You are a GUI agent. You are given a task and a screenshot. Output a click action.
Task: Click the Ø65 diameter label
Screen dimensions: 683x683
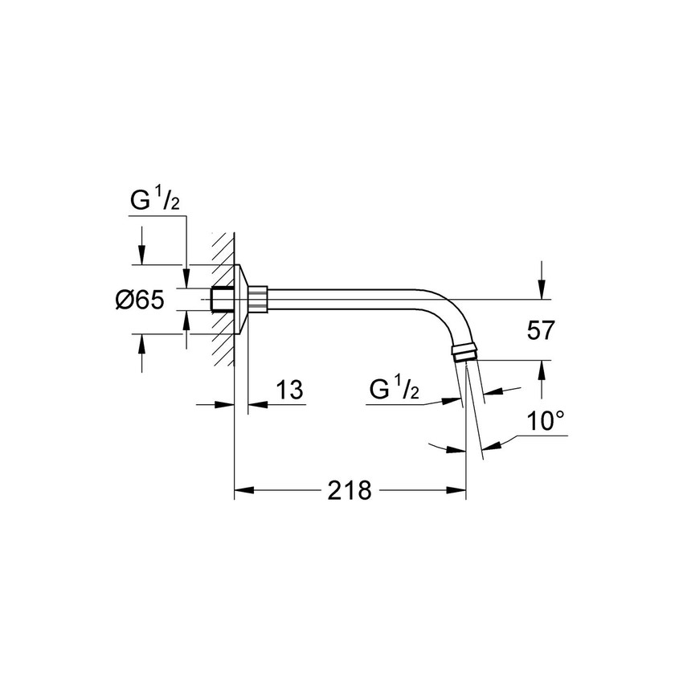[x=140, y=300]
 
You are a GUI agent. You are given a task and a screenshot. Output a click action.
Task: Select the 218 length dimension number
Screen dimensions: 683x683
[x=350, y=490]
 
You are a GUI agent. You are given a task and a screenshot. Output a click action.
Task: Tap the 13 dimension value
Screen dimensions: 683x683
[x=289, y=390]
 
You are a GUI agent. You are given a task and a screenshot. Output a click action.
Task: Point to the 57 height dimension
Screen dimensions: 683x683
[x=540, y=329]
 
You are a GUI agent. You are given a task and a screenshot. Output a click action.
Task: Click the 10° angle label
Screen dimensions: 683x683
[x=546, y=421]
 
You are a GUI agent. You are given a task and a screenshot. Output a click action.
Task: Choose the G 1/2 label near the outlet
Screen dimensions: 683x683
[x=395, y=389]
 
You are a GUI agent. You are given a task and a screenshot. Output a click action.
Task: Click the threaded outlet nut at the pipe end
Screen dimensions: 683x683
[x=466, y=352]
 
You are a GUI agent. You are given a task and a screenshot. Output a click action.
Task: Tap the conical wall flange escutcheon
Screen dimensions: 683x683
[x=241, y=300]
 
